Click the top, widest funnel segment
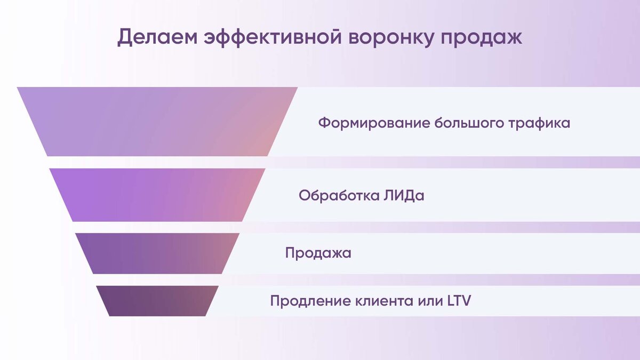click(x=157, y=122)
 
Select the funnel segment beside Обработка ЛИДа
click(x=157, y=195)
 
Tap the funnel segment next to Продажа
click(x=157, y=253)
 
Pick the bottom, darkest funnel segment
click(x=157, y=301)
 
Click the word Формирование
click(x=374, y=123)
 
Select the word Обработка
click(x=337, y=196)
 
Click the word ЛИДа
click(x=403, y=196)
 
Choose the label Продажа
click(x=318, y=253)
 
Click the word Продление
click(x=310, y=301)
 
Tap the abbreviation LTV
click(x=459, y=301)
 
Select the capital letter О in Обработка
click(x=305, y=196)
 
